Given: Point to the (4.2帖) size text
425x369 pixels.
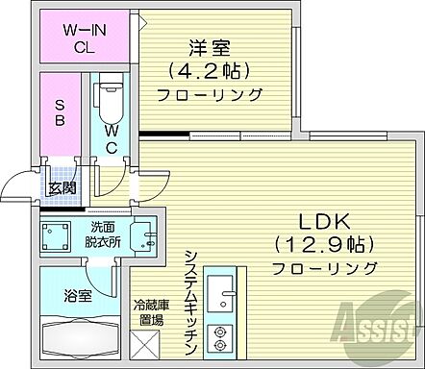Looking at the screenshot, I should (x=209, y=71).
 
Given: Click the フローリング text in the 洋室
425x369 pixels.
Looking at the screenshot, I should (x=209, y=94).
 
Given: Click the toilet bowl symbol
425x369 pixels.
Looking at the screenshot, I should (x=108, y=101).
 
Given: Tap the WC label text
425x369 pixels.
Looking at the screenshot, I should (x=112, y=139).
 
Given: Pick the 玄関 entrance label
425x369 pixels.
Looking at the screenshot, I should (x=64, y=188).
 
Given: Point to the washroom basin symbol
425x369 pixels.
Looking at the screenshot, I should (x=143, y=237).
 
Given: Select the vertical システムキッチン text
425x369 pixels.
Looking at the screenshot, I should (x=190, y=301).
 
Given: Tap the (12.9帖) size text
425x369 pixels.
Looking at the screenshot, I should (x=324, y=243).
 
